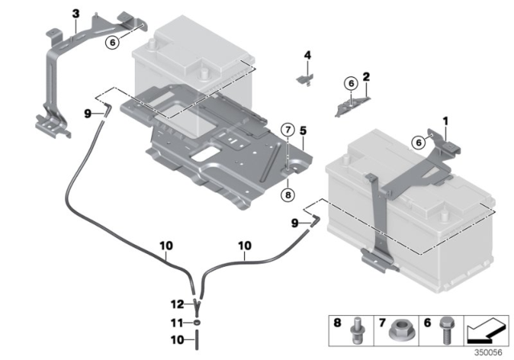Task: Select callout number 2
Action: [x=366, y=77]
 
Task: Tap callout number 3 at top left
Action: [x=75, y=14]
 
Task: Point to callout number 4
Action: [x=307, y=55]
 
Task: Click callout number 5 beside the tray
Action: [x=304, y=129]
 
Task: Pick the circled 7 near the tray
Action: [x=288, y=129]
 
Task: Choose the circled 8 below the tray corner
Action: [x=288, y=193]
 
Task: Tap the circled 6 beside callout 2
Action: [x=350, y=83]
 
